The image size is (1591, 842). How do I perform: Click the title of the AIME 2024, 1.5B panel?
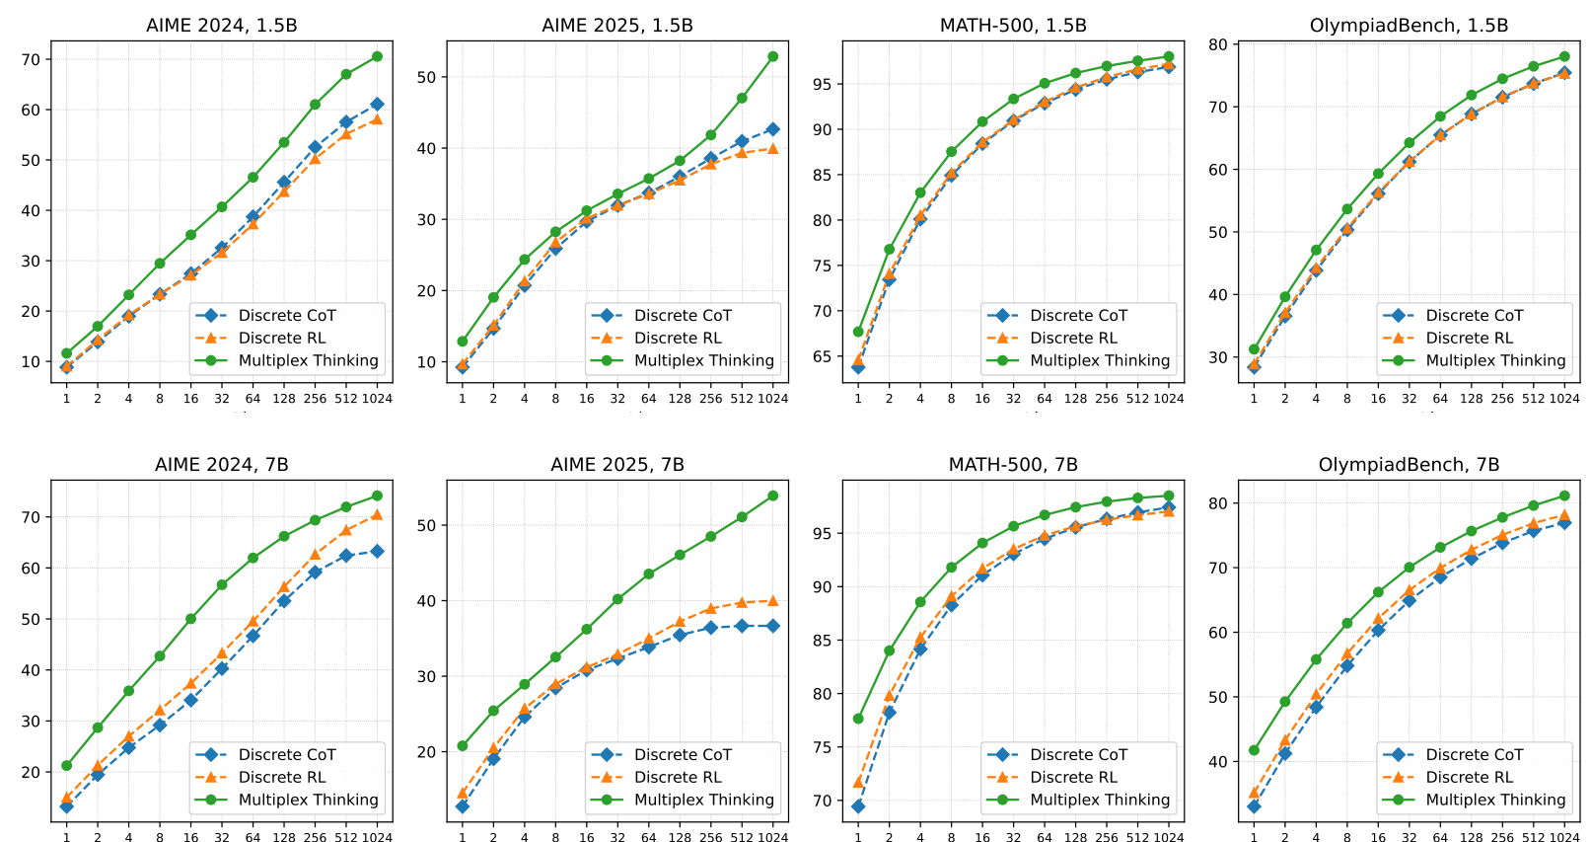[221, 26]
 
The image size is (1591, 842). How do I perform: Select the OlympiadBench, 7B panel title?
[1409, 465]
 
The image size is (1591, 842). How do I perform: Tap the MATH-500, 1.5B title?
[1013, 26]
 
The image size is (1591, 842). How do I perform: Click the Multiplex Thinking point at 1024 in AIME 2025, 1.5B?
[772, 56]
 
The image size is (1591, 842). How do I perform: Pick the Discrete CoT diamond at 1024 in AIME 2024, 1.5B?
[377, 104]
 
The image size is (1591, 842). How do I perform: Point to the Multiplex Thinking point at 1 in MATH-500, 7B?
[858, 719]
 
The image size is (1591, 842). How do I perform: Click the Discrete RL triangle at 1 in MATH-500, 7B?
[858, 782]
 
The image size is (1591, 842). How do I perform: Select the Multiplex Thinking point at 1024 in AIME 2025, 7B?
[772, 496]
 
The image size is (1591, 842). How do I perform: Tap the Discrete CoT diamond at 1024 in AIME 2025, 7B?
[772, 626]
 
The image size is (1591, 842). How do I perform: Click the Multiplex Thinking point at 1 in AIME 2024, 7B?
[66, 765]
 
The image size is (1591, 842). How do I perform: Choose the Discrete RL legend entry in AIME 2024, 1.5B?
[281, 338]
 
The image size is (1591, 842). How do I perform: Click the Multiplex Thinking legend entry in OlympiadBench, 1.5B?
[1495, 360]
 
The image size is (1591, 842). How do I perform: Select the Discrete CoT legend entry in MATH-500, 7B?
[1078, 754]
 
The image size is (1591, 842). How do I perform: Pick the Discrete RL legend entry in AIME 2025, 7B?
[678, 777]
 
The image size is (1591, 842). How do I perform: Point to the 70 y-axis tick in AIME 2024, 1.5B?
[31, 59]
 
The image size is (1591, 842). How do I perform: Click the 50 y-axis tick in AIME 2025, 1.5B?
[426, 77]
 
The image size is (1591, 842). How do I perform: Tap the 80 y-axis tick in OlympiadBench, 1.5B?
[1217, 44]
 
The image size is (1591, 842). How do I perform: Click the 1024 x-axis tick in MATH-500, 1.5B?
[1169, 399]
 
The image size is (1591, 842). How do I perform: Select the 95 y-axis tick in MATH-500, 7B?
[822, 533]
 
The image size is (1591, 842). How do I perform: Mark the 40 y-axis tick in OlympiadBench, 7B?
[1217, 761]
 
